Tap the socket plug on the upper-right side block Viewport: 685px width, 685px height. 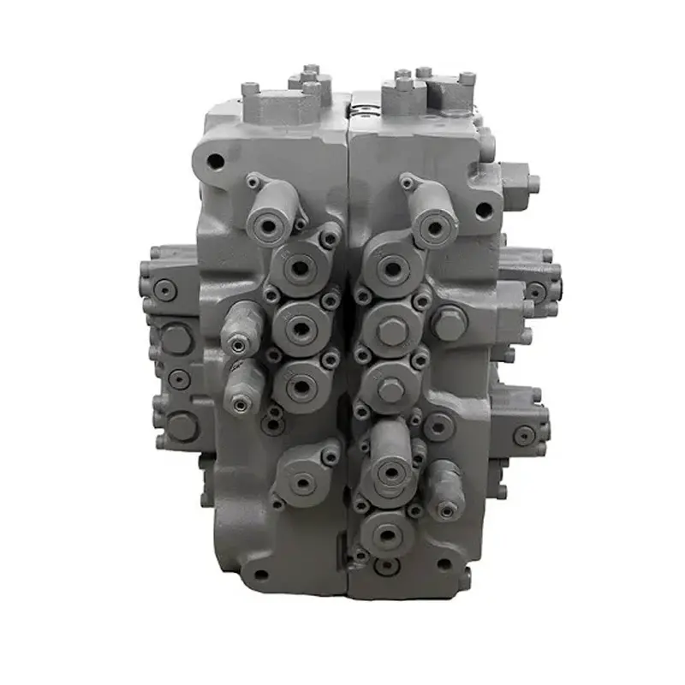[x=536, y=291]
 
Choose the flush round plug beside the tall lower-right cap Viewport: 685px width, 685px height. [x=438, y=423]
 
